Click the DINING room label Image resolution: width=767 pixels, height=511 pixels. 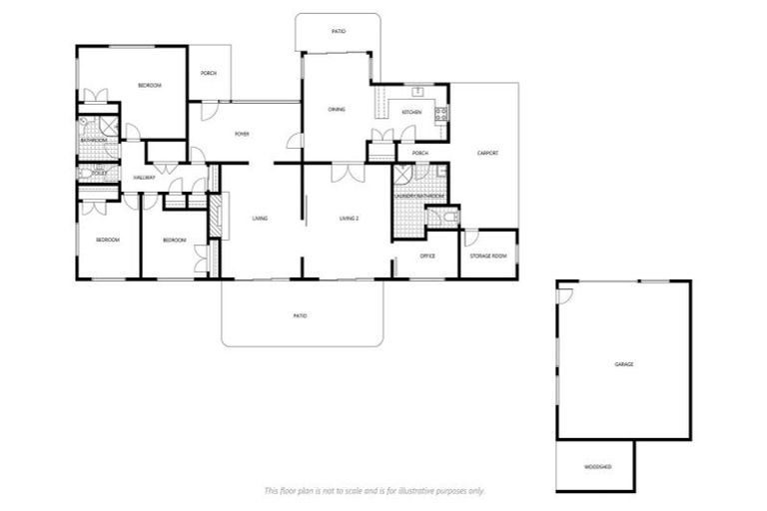coord(337,109)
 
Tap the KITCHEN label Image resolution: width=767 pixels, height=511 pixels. coord(411,113)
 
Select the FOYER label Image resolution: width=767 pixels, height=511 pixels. coord(242,133)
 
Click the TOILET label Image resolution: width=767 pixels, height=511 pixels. coord(98,173)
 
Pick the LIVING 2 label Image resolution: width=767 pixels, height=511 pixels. coord(348,218)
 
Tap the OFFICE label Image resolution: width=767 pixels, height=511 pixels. coord(426,256)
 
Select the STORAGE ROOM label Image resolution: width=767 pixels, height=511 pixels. coord(488,256)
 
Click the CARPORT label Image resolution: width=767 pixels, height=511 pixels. coord(487,153)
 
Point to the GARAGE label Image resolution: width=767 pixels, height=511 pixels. coord(623,364)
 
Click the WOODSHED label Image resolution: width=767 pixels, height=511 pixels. coord(597,467)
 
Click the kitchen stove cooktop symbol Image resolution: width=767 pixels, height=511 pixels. coord(440,114)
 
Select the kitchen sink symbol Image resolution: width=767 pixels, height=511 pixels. coord(419,93)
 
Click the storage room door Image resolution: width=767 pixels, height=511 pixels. coord(470,239)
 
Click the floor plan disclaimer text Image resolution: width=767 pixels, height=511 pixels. coord(374,491)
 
